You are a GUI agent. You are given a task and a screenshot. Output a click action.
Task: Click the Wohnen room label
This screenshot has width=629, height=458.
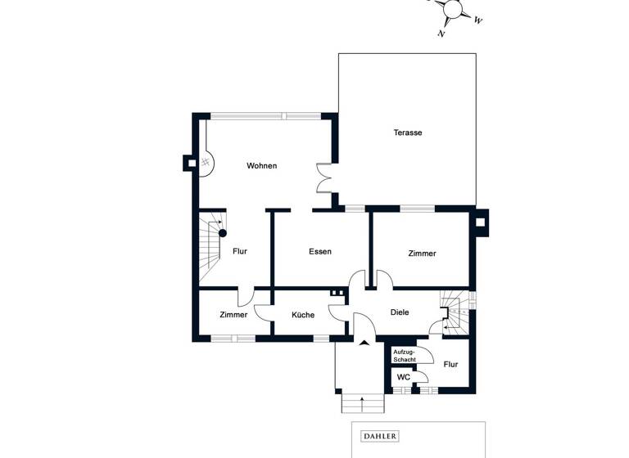click(262, 166)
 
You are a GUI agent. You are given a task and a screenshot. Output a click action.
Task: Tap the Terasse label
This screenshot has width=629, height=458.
click(407, 132)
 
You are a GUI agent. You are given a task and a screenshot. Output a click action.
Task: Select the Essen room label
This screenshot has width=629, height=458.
click(320, 252)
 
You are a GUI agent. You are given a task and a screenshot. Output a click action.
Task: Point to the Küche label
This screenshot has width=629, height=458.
click(303, 315)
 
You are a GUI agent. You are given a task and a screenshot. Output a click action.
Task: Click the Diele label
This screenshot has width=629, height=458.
click(400, 312)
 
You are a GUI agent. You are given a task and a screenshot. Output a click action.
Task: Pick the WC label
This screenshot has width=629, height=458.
click(404, 377)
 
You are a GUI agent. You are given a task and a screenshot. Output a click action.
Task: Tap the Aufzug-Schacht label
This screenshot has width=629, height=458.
click(405, 356)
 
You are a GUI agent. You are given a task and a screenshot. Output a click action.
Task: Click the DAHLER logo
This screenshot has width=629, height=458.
click(379, 437)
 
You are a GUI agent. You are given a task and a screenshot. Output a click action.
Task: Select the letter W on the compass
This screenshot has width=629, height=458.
click(478, 20)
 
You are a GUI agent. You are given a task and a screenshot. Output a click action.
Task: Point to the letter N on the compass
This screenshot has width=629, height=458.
click(441, 34)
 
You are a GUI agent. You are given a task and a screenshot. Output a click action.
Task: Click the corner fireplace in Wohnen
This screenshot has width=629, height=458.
click(206, 160)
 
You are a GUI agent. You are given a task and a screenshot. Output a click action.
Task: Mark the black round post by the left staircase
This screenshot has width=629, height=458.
click(222, 233)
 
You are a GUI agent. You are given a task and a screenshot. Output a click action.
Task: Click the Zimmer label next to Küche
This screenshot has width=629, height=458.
click(233, 315)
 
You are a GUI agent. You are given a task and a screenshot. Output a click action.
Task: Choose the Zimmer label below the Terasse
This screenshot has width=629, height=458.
click(422, 254)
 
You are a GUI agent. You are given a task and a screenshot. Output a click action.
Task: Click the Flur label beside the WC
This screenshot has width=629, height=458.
click(450, 364)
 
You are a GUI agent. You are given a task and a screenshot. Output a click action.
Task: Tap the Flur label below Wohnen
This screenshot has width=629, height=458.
click(240, 252)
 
